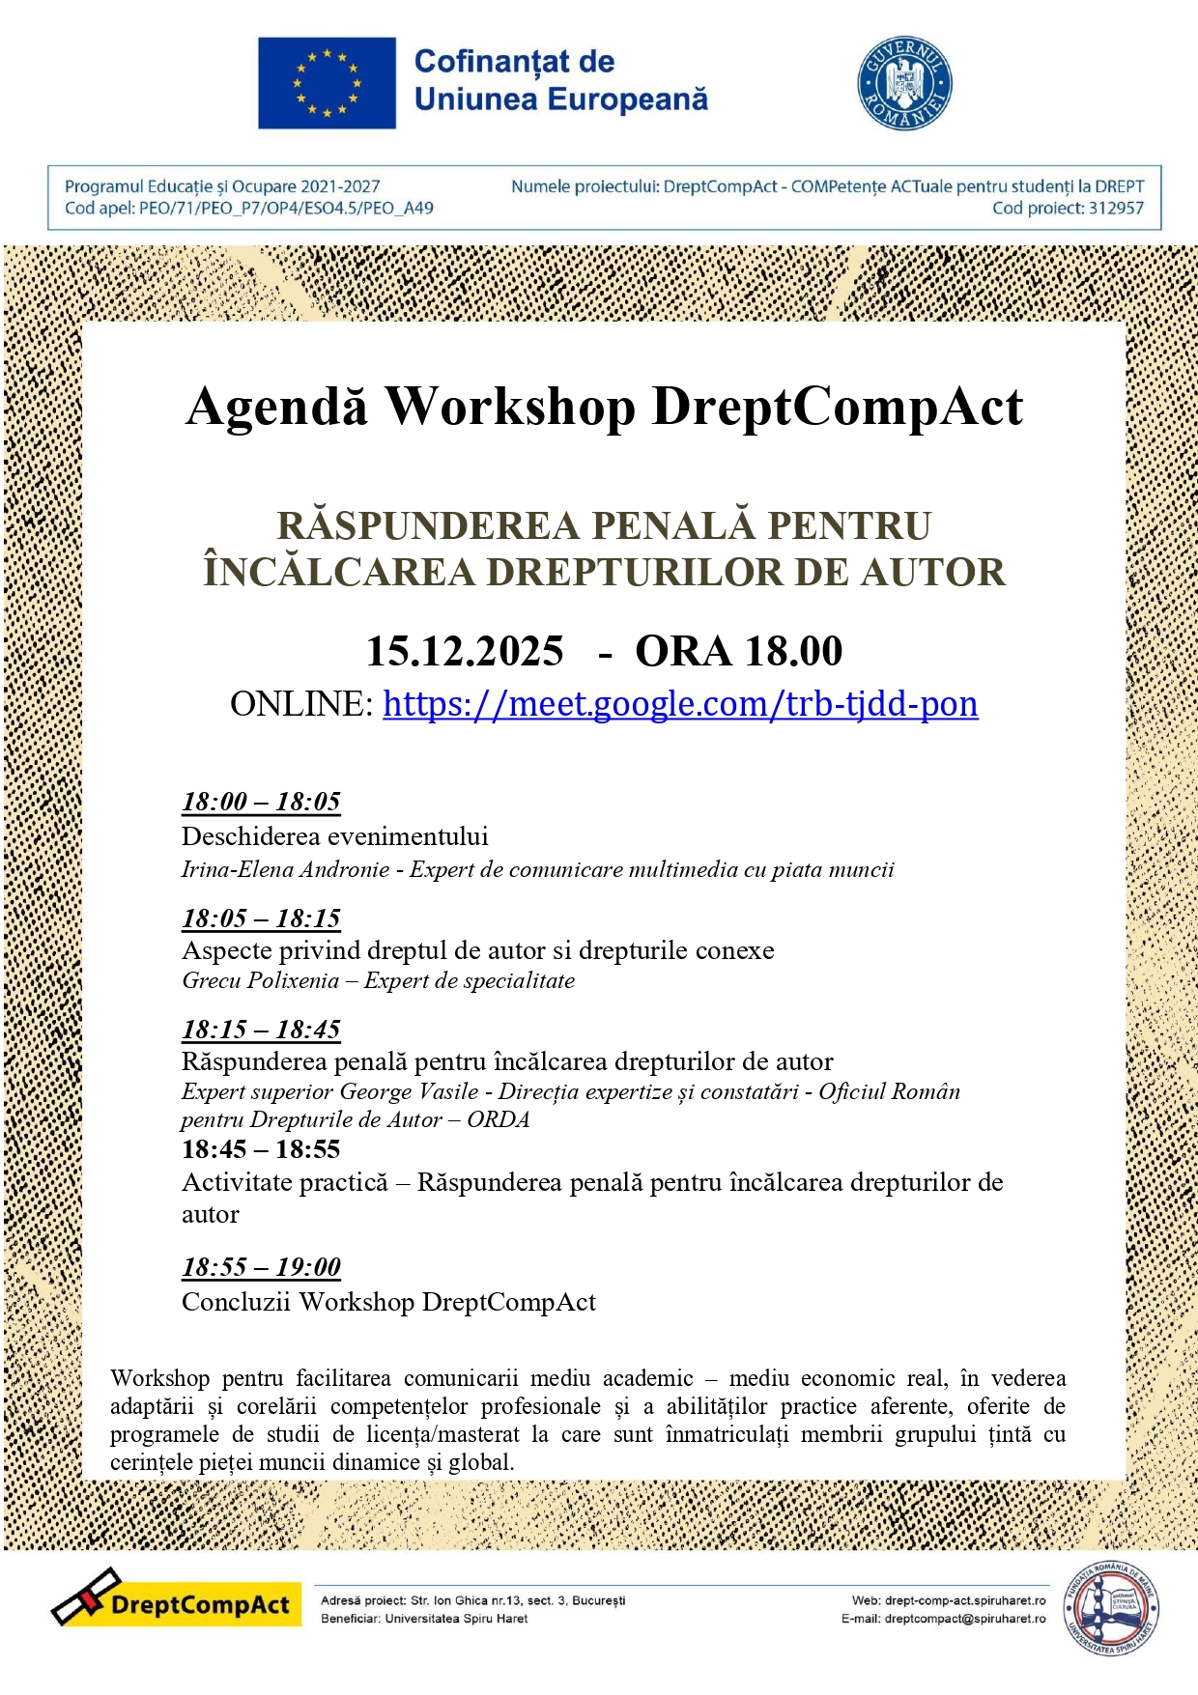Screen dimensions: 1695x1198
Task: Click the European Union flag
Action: pos(327,83)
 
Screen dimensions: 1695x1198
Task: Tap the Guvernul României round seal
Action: pos(904,83)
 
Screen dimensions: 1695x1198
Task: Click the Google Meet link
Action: pos(680,704)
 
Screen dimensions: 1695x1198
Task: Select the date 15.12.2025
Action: pos(465,652)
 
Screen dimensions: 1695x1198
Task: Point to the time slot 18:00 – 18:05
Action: pos(261,802)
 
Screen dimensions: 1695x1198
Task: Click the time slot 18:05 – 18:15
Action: pos(261,918)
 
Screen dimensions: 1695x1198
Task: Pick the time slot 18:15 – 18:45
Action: pos(261,1030)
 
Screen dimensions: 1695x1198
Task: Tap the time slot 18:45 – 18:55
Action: pos(261,1149)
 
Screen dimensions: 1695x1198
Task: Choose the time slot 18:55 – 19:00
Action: pos(261,1267)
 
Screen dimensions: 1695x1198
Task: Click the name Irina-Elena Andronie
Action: pos(285,870)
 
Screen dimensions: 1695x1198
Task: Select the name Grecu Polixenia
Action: pos(261,981)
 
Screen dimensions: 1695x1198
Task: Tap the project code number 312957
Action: pos(1116,209)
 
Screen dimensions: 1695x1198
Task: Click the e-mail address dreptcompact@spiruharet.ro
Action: pos(964,1619)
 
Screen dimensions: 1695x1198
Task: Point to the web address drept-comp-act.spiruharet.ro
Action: pos(964,1600)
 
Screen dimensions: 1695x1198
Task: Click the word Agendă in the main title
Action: pos(278,408)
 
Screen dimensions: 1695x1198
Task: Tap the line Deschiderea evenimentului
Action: pos(334,836)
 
